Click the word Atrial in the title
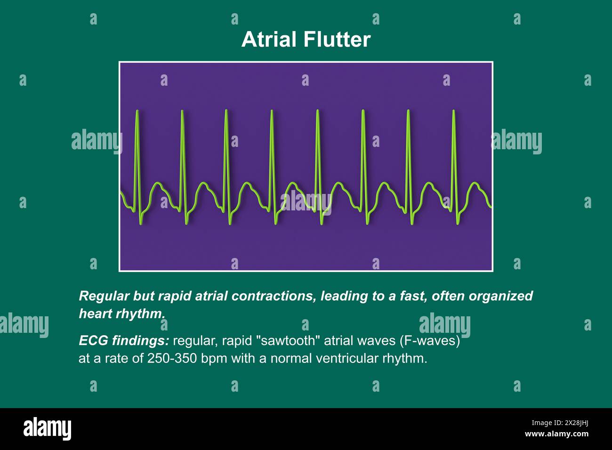[x=270, y=40]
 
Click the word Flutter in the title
[x=337, y=40]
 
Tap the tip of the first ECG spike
[x=137, y=112]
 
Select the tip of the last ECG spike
[x=453, y=112]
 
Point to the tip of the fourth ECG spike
[x=272, y=112]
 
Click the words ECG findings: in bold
[x=124, y=341]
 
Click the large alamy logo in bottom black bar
[x=48, y=429]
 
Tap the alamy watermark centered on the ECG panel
[x=306, y=201]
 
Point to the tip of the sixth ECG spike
[x=363, y=112]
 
